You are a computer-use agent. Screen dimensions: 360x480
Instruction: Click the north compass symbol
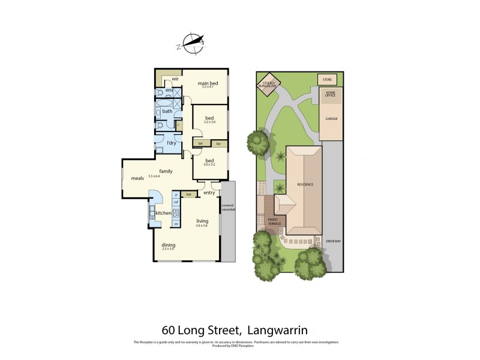[x=193, y=42]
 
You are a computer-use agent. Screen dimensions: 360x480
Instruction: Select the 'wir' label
[x=176, y=79]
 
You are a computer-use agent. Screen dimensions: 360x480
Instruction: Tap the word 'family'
[x=166, y=171]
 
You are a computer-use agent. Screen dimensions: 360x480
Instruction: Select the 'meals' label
[x=137, y=178]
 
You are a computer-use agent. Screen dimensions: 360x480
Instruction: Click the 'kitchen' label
[x=163, y=213]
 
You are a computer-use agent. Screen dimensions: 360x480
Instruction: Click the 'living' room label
[x=202, y=221]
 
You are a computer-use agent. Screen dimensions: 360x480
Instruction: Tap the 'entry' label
[x=209, y=193]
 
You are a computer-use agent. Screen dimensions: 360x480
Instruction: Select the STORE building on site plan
[x=327, y=79]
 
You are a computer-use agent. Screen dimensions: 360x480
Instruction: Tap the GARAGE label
[x=331, y=119]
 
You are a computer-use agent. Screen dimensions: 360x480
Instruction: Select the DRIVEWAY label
[x=333, y=241]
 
